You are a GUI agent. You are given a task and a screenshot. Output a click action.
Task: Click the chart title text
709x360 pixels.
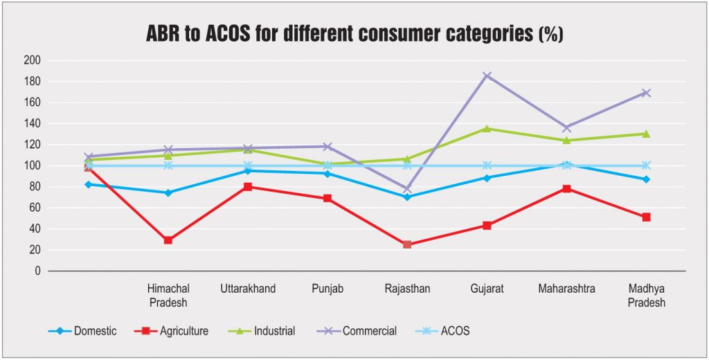point(354,34)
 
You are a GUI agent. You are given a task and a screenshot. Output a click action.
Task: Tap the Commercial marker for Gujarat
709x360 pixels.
point(487,75)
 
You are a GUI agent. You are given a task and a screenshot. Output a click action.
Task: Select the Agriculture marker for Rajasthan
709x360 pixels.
point(407,244)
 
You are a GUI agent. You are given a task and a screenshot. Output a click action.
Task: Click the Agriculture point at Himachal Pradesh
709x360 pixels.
point(168,240)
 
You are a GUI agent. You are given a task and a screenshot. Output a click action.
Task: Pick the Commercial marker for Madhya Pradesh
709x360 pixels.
point(646,93)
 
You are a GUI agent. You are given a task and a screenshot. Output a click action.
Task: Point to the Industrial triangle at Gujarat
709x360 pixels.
point(487,128)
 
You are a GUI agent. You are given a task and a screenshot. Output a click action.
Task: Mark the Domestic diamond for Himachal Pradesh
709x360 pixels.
point(168,192)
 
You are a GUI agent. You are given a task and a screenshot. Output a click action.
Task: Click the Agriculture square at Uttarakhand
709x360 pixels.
point(248,186)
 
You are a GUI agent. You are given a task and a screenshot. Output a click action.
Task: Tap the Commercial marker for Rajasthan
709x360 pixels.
point(407,188)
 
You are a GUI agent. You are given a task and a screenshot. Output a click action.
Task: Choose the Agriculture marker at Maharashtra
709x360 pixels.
point(566,188)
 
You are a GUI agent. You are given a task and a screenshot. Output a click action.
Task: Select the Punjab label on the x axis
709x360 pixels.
point(327,289)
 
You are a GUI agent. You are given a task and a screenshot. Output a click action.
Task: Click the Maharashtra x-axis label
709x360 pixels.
point(566,289)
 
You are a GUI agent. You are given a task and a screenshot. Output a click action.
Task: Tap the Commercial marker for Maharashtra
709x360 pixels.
point(566,127)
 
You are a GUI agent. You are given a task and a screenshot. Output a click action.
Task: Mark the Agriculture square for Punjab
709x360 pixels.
point(327,199)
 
